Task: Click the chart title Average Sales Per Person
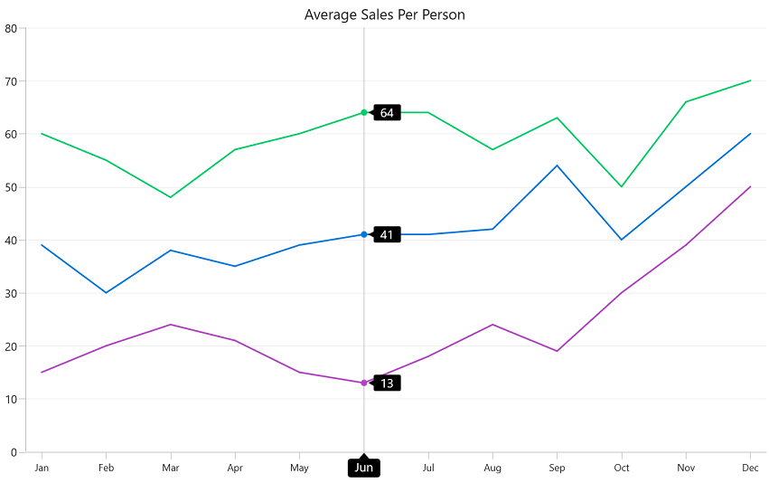coord(384,14)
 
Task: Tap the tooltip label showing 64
coord(387,113)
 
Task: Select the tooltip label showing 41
coord(387,235)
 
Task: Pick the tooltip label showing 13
coord(387,384)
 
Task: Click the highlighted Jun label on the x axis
coord(364,468)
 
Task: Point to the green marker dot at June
coord(364,112)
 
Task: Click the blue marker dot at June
coord(364,234)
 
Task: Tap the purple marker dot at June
coord(364,383)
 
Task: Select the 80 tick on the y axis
coord(11,28)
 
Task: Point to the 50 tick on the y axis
coord(11,187)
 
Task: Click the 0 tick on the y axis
coord(14,452)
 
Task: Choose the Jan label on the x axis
coord(42,468)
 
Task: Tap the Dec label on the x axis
coord(750,468)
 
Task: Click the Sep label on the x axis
coord(557,468)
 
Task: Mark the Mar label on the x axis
coord(170,468)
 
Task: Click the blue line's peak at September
coord(557,166)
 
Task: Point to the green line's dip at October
coord(622,187)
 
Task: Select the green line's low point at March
coord(170,197)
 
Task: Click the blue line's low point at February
coord(106,293)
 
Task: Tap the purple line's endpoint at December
coord(750,187)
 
